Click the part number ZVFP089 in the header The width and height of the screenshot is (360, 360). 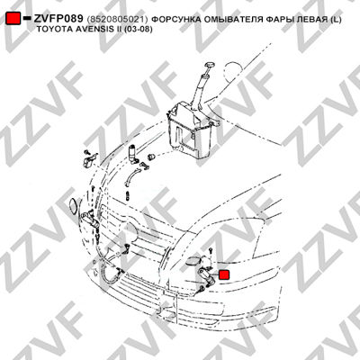click(x=58, y=19)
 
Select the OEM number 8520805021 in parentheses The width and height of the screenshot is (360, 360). click(x=117, y=20)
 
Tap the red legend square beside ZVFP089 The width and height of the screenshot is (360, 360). click(x=13, y=18)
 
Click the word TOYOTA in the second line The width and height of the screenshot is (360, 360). click(x=49, y=30)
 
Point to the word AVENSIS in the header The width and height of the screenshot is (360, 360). click(x=80, y=30)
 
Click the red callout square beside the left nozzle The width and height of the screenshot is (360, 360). click(x=224, y=274)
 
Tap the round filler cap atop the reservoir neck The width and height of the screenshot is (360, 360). click(x=209, y=66)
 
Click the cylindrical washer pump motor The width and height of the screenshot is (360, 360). click(x=132, y=153)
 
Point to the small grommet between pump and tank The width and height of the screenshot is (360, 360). click(x=151, y=157)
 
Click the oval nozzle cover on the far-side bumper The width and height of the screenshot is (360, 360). click(x=73, y=206)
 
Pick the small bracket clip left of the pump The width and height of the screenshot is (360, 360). click(x=89, y=159)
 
